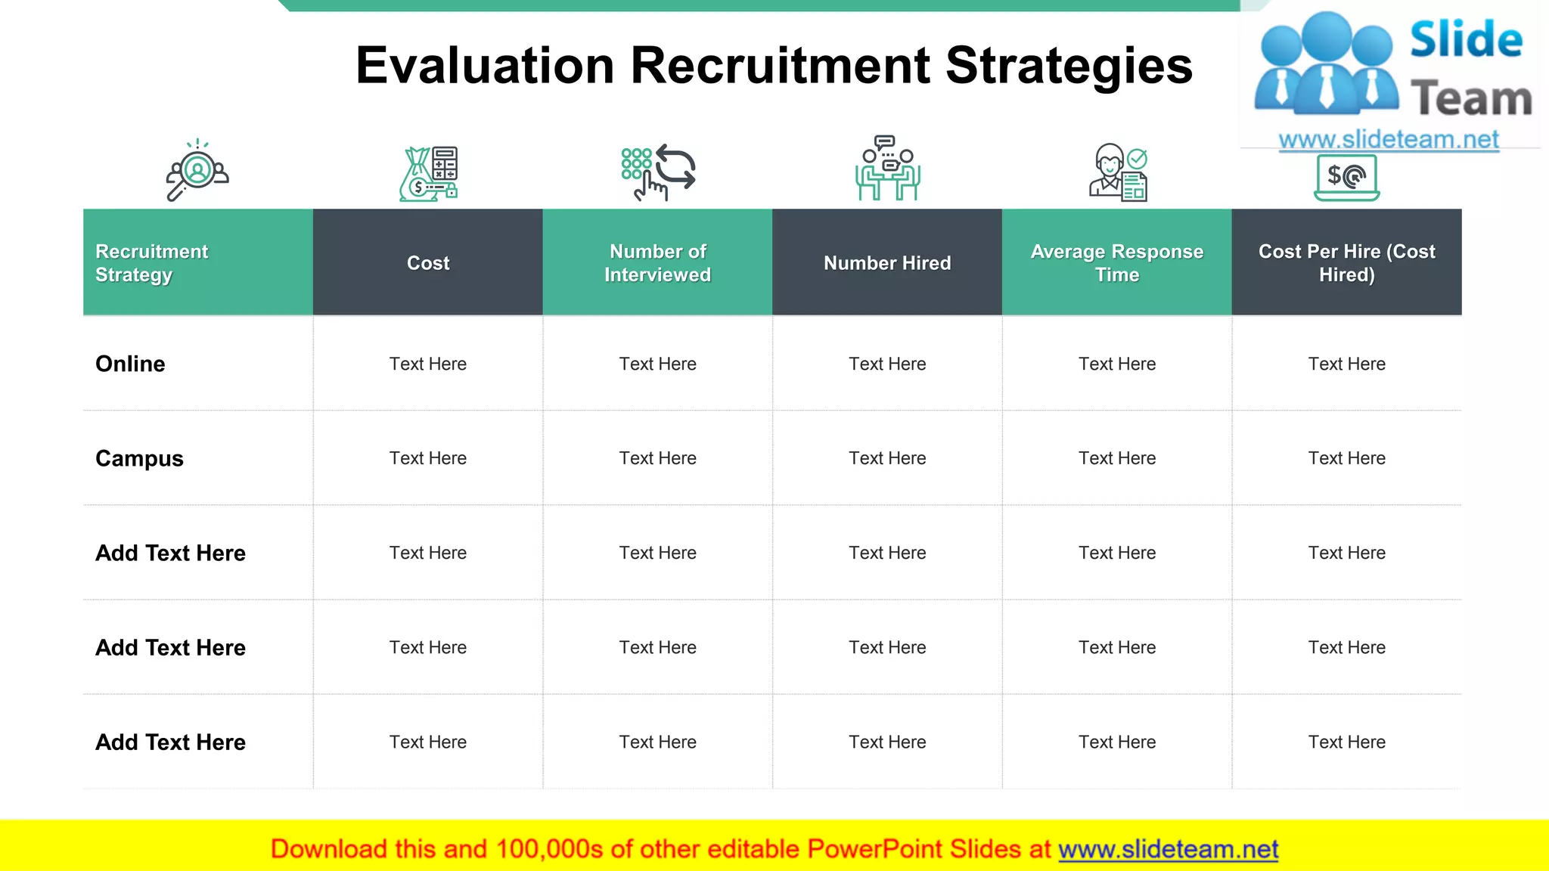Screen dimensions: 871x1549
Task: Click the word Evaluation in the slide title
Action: (484, 66)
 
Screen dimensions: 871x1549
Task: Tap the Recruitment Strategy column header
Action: (151, 262)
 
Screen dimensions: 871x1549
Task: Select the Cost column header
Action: (428, 263)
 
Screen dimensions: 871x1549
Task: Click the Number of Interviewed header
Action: (657, 262)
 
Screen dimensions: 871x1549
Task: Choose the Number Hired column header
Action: (887, 263)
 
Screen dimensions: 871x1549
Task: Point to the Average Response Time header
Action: (1116, 262)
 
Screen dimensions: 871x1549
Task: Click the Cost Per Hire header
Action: (1346, 262)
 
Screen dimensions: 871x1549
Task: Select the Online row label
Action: (130, 364)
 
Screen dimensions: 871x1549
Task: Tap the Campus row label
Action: (139, 458)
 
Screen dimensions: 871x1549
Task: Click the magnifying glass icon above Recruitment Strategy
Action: (197, 171)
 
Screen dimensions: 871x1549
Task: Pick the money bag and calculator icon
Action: (428, 173)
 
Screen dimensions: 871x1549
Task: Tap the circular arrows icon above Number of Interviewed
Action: (674, 166)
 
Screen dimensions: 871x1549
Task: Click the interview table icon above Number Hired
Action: (887, 169)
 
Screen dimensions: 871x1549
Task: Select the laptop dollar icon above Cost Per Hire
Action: (1346, 178)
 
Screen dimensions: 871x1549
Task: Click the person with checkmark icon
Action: (1117, 172)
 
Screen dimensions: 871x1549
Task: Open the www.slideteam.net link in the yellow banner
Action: (1168, 849)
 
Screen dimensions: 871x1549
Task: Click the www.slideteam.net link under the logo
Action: (1388, 139)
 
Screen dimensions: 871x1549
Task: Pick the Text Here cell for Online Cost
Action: (428, 364)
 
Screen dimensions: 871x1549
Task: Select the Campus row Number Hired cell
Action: (887, 458)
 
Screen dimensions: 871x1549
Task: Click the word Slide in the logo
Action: (1465, 39)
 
